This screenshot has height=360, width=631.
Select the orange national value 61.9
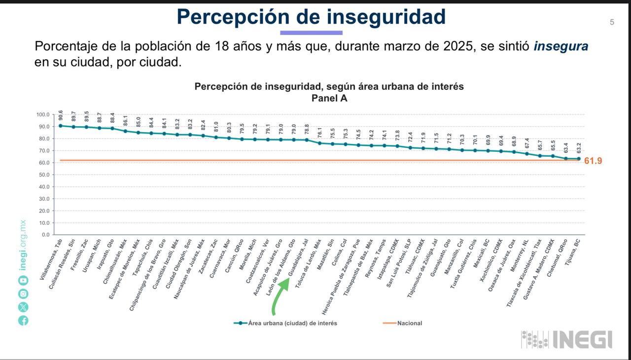[593, 161]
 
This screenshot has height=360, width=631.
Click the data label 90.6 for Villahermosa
[60, 115]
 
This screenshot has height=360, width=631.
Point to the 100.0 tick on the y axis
[43, 114]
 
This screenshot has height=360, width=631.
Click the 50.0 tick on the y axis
[44, 175]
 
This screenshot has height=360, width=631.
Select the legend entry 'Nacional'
[409, 323]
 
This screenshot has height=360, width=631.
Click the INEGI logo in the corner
[566, 339]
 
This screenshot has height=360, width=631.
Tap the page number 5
[612, 22]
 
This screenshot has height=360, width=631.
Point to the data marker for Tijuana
[579, 159]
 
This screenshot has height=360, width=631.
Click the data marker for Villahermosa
[60, 126]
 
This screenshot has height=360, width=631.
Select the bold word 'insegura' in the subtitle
[561, 47]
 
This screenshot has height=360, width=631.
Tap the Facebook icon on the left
[23, 320]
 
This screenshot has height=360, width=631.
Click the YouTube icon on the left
[23, 280]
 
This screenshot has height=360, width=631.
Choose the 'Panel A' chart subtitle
[329, 98]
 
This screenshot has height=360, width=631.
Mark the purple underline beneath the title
[311, 33]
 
